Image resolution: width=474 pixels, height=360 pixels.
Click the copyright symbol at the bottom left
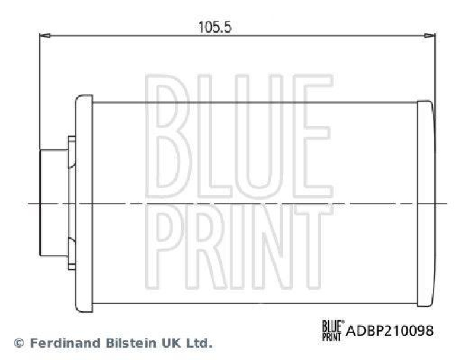coord(18,342)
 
